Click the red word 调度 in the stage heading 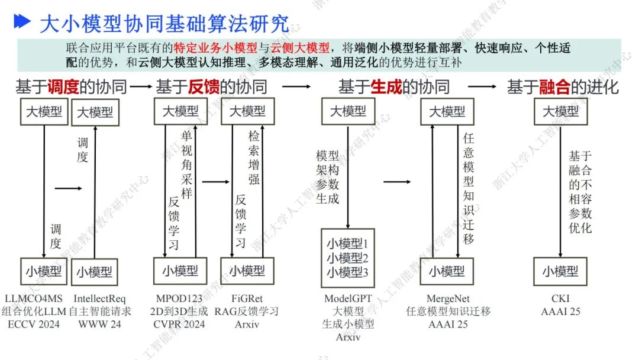click(63, 87)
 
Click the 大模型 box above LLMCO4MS click(44, 111)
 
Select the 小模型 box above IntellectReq click(95, 272)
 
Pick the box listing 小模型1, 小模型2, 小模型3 click(348, 258)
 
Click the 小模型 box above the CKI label click(560, 272)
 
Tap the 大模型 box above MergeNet click(447, 111)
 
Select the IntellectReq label click(100, 299)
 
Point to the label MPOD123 click(178, 299)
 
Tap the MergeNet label click(448, 299)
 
